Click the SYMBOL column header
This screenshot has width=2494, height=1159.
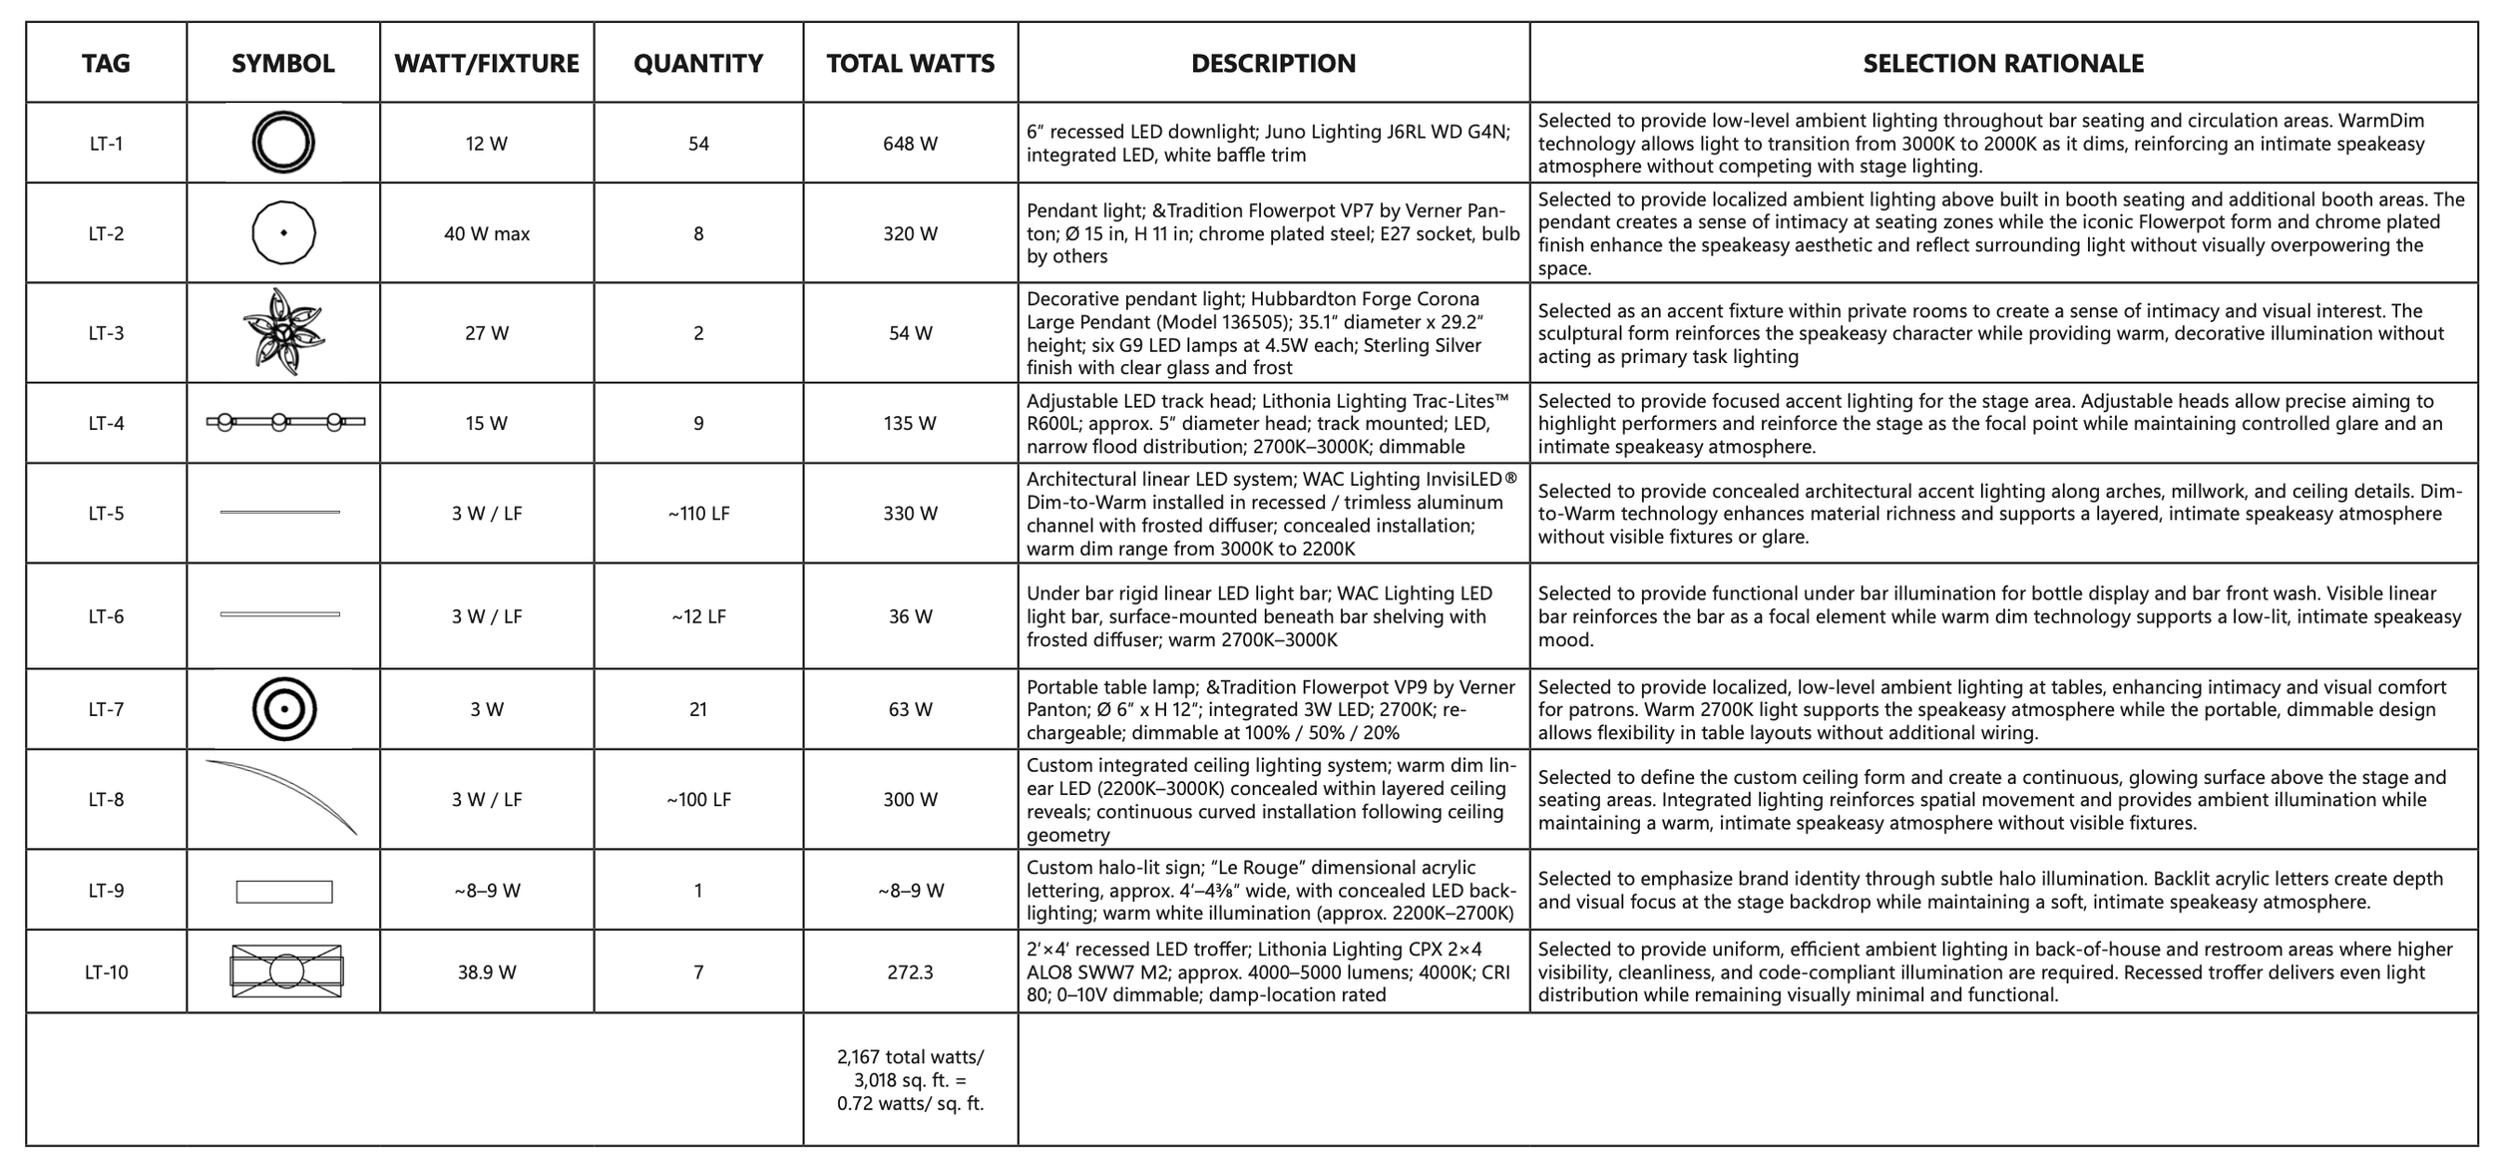coord(282,64)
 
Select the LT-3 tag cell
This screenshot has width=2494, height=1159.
coord(106,333)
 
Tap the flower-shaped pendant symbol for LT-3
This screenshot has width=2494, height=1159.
coord(284,332)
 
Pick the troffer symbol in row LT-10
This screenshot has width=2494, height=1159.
coord(286,971)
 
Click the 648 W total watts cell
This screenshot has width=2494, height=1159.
coord(910,144)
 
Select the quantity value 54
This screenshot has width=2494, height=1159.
coord(698,144)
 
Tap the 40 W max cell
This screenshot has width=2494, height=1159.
coord(487,233)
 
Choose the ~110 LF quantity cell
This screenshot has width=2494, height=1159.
coord(698,514)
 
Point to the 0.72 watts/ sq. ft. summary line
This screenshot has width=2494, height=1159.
coord(910,1104)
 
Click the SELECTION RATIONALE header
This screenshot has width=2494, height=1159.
coord(2003,64)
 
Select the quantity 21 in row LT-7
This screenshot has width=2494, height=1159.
coord(698,709)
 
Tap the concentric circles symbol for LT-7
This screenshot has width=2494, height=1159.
coord(284,709)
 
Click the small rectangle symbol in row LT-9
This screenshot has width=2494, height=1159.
coord(284,892)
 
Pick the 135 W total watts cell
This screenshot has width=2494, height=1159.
coord(910,423)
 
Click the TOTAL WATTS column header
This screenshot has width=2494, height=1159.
coord(910,64)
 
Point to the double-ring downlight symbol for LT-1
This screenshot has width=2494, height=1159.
coord(283,143)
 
